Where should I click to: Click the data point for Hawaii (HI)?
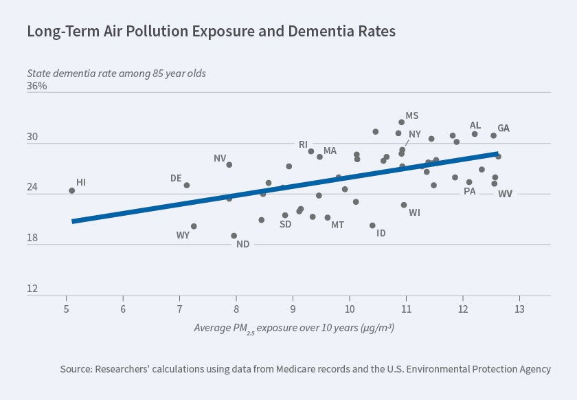[x=71, y=190]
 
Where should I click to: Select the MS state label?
[x=411, y=115]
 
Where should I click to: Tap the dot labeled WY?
[x=194, y=226]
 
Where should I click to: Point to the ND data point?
[x=234, y=236]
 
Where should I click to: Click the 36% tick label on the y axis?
[x=37, y=86]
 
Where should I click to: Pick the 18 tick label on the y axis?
[x=32, y=238]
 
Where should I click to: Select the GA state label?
[x=504, y=129]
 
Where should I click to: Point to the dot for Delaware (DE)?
[x=186, y=185]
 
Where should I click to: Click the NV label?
[x=220, y=158]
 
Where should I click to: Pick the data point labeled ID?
[x=372, y=225]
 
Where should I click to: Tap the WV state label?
[x=505, y=194]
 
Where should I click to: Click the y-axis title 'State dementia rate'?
[x=116, y=72]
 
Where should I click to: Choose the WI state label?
[x=414, y=213]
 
